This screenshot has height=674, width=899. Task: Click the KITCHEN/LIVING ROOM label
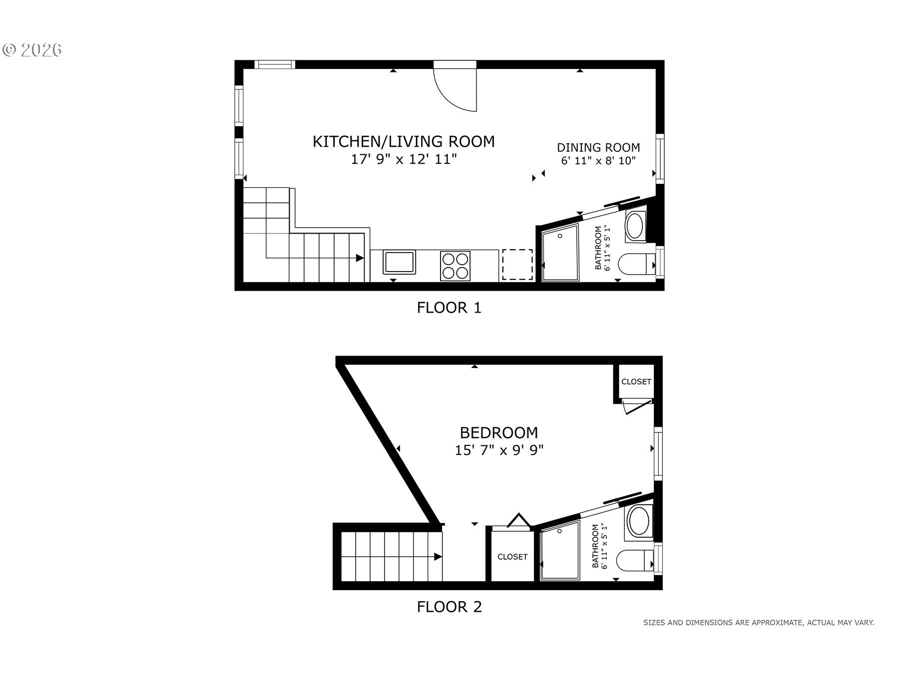pyautogui.click(x=404, y=141)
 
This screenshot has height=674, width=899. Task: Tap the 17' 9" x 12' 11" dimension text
pyautogui.click(x=404, y=160)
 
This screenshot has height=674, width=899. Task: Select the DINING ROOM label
pyautogui.click(x=598, y=148)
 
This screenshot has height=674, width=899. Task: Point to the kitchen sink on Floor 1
pyautogui.click(x=399, y=263)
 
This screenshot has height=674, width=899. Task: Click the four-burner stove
pyautogui.click(x=455, y=266)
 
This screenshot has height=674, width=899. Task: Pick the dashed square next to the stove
pyautogui.click(x=517, y=265)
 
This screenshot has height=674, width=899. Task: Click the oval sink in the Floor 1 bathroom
pyautogui.click(x=635, y=227)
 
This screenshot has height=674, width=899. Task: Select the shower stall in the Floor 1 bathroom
pyautogui.click(x=559, y=253)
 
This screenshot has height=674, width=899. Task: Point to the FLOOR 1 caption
pyautogui.click(x=449, y=308)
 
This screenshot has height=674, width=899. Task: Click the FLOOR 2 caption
pyautogui.click(x=449, y=607)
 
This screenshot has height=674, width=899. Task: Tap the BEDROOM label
pyautogui.click(x=499, y=432)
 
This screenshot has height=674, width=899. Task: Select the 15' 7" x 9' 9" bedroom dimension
pyautogui.click(x=499, y=450)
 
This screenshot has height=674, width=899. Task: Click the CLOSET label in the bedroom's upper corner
pyautogui.click(x=636, y=382)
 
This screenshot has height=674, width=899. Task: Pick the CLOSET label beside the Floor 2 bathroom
pyautogui.click(x=512, y=557)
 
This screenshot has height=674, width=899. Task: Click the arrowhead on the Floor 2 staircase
pyautogui.click(x=438, y=557)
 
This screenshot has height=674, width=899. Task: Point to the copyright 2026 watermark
pyautogui.click(x=32, y=49)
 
